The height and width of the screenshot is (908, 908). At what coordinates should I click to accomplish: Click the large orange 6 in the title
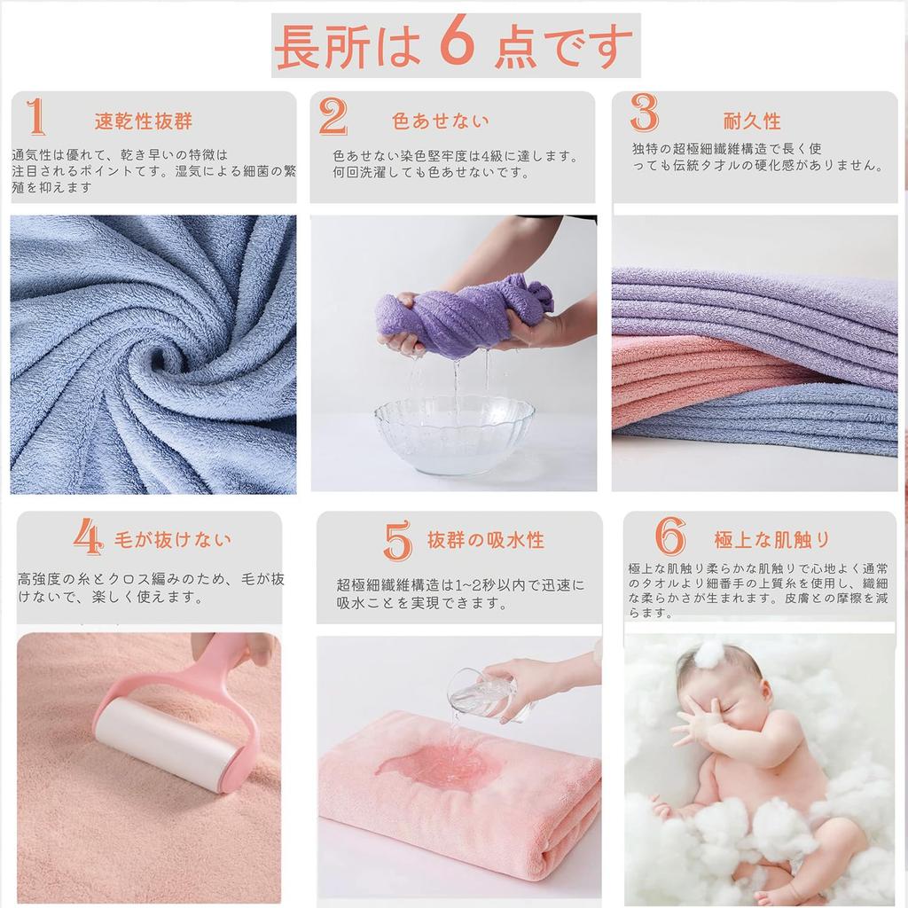tap(457, 46)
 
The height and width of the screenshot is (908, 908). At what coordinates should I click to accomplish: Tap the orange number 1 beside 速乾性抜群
tap(35, 117)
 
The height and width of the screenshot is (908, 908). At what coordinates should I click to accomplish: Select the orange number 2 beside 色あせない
tap(333, 117)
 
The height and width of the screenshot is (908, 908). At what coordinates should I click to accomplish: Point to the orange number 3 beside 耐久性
tap(645, 113)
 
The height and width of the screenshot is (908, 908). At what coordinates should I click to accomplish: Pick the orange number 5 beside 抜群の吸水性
tap(398, 540)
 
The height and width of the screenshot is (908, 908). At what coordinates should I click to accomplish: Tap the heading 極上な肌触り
tap(772, 539)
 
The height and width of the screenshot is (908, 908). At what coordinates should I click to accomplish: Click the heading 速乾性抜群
tap(144, 121)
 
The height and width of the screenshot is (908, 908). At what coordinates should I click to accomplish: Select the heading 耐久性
tap(752, 121)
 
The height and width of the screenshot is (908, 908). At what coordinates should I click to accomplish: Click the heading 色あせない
tap(441, 121)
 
